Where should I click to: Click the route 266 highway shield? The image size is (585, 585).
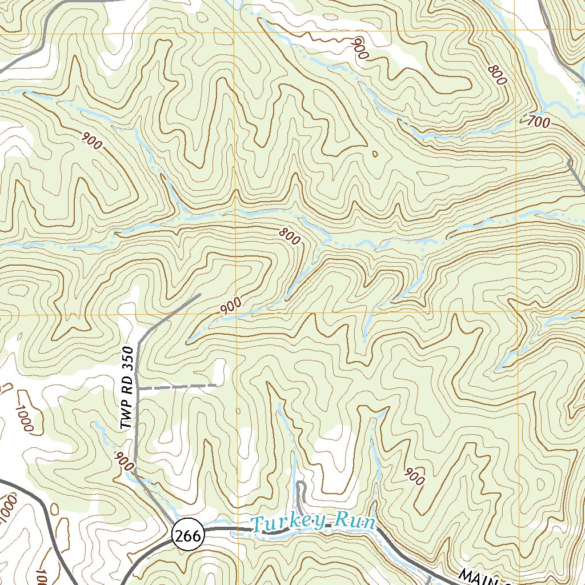click(x=187, y=536)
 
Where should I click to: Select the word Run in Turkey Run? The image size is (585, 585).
click(x=355, y=522)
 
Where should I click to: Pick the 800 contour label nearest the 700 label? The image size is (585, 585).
click(x=498, y=75)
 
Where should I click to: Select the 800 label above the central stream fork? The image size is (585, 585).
click(x=290, y=236)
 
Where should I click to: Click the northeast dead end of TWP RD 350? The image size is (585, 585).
click(x=200, y=295)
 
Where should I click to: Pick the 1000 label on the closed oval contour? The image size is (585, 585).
click(x=26, y=418)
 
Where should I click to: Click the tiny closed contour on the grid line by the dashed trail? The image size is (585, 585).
click(x=238, y=410)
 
